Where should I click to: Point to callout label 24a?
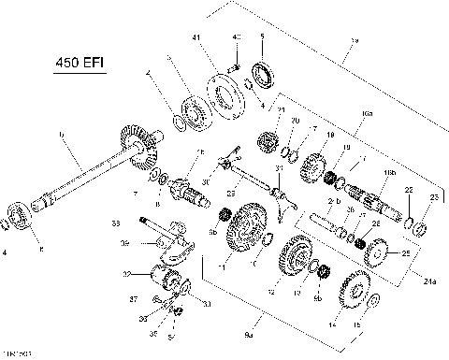[427, 280]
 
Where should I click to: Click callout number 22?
[409, 192]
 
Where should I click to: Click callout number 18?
[330, 137]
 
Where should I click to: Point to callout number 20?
[295, 122]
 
